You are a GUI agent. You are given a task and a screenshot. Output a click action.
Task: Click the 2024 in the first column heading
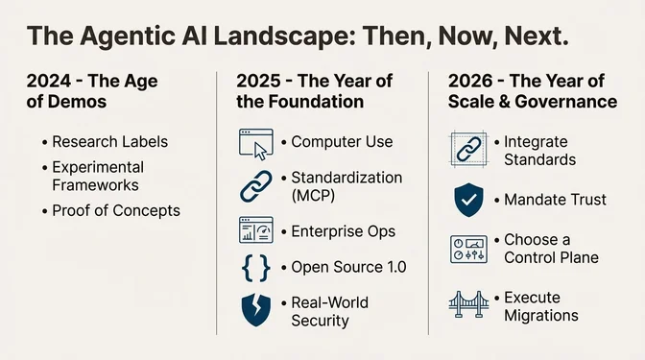45,81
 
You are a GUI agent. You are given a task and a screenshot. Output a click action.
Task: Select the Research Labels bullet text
110,142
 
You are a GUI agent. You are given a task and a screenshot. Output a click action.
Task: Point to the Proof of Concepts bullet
116,210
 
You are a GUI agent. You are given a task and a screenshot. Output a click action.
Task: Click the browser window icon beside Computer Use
256,142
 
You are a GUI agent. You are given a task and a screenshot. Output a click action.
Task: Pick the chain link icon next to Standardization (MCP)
256,186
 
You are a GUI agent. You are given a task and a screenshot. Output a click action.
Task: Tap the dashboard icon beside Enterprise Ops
256,232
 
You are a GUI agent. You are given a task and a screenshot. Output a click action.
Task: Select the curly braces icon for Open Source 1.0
256,267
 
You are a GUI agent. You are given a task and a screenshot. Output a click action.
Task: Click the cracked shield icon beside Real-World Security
256,311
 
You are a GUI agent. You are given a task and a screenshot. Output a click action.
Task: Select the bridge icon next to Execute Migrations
469,306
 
